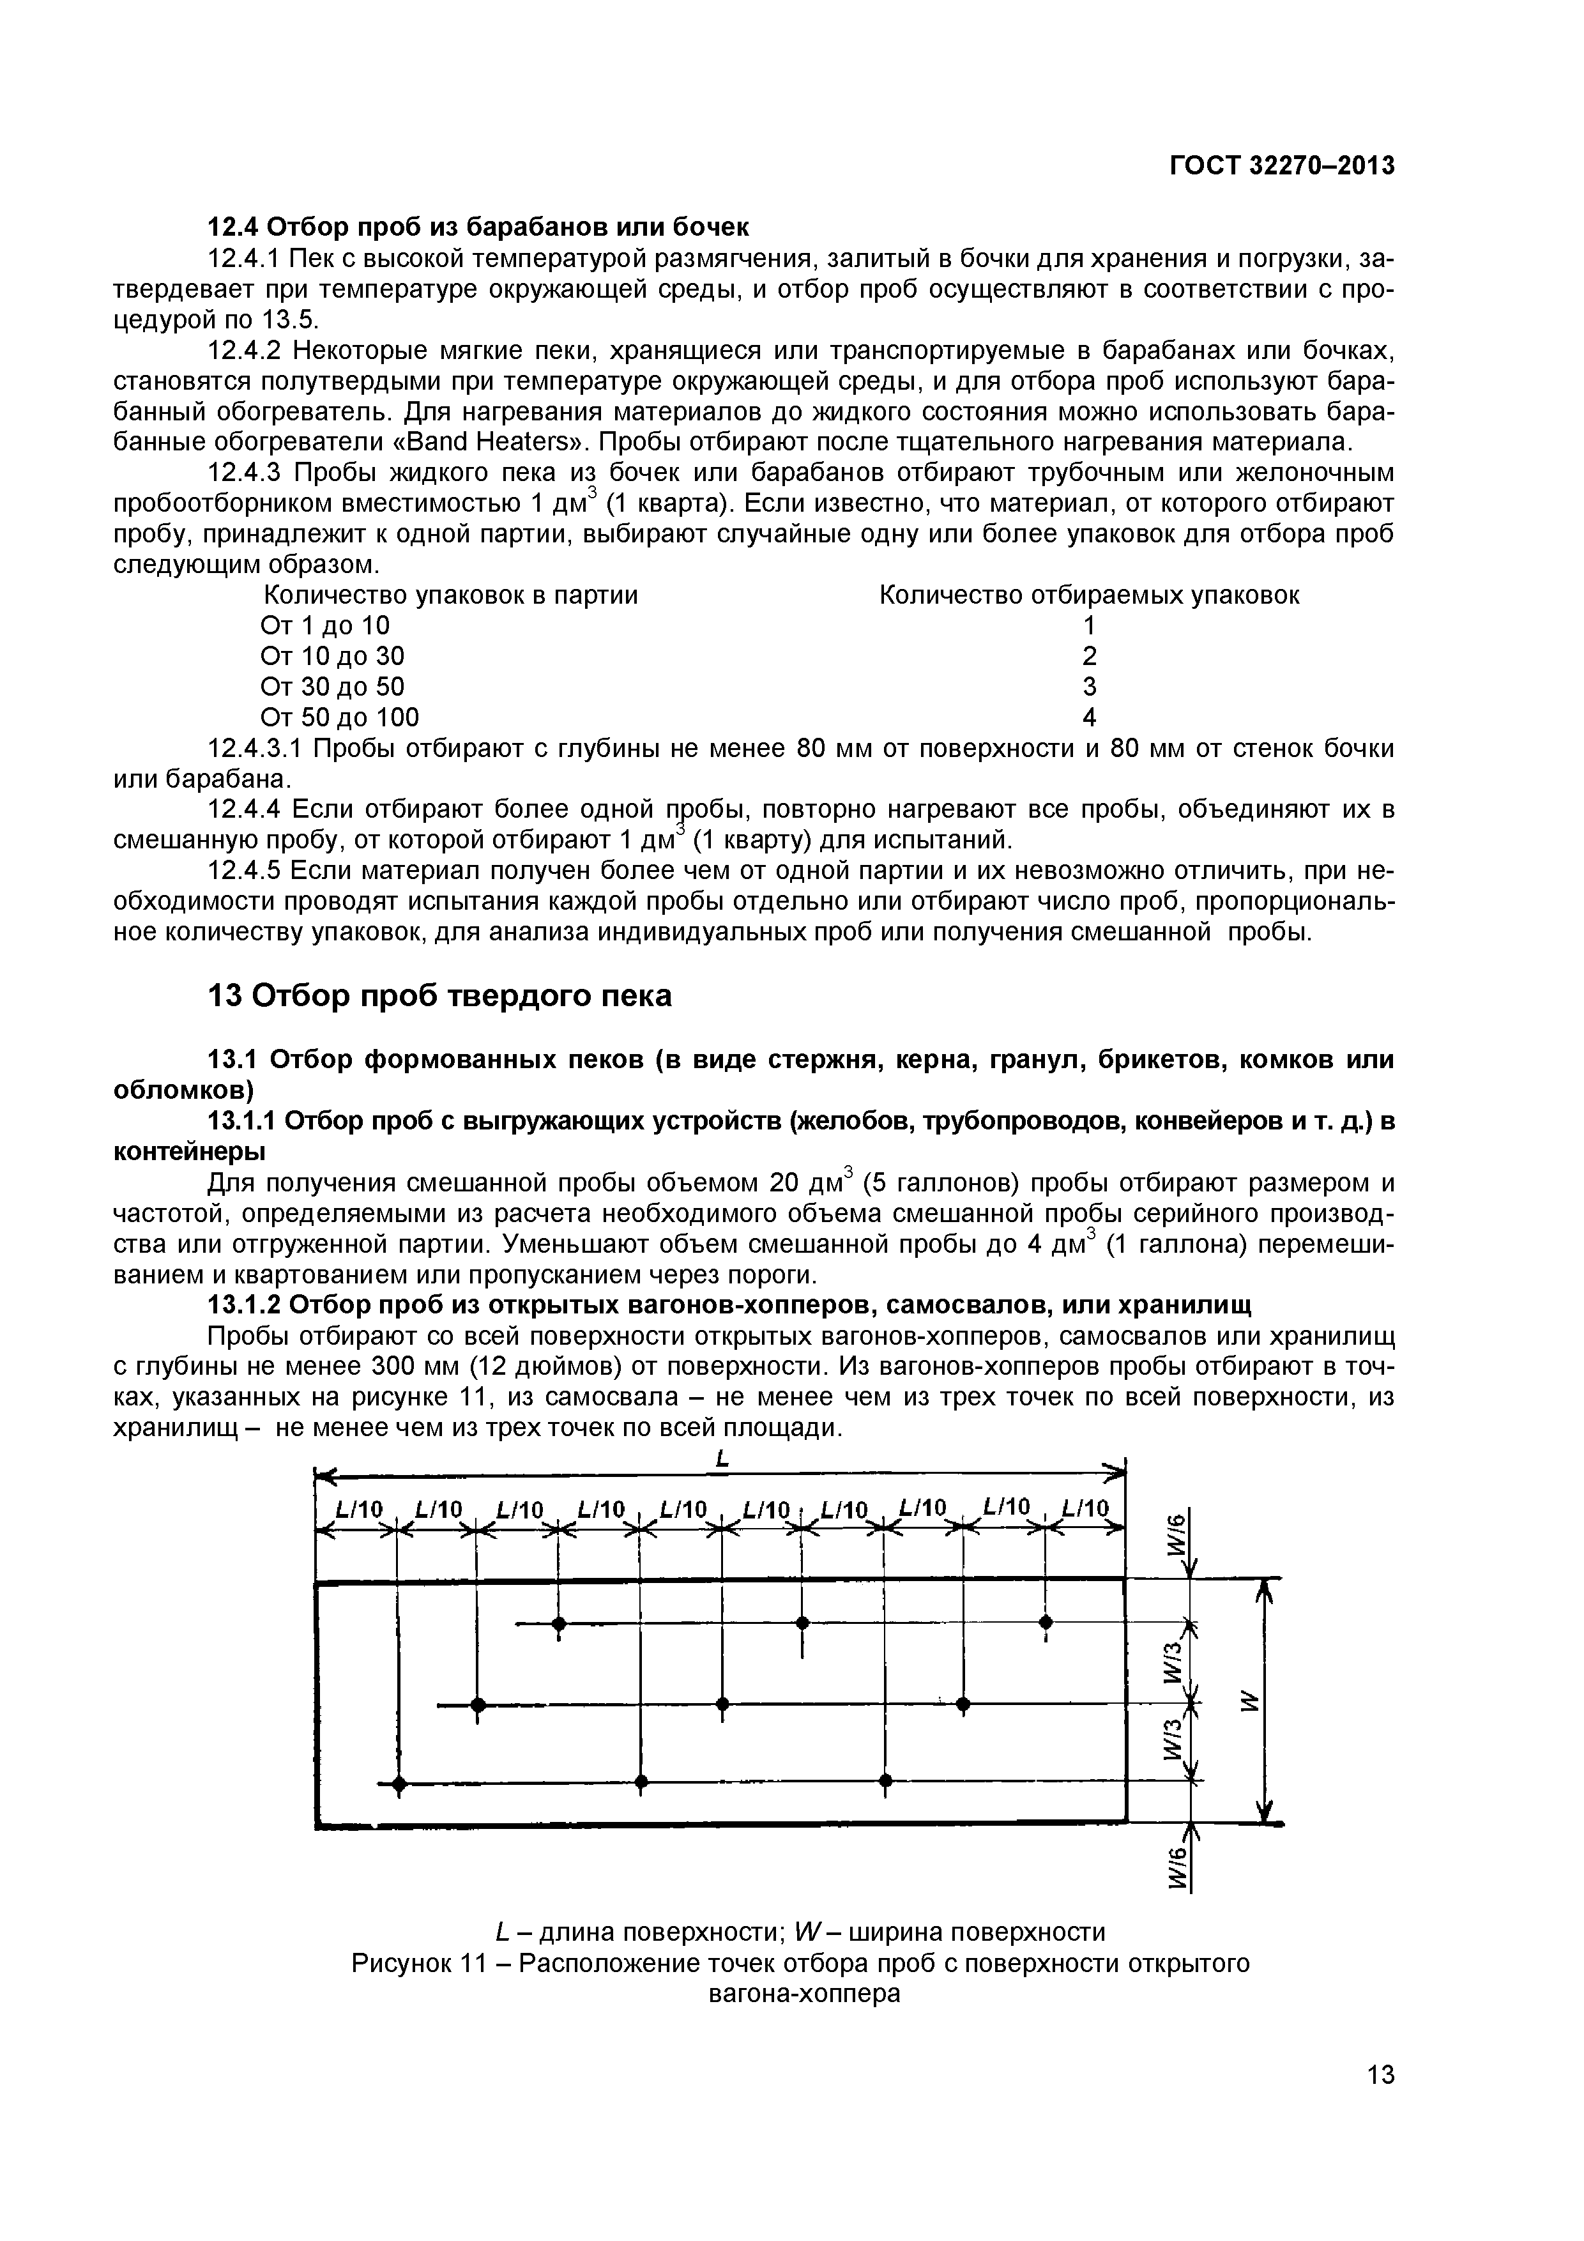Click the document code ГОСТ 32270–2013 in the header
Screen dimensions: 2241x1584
pos(1281,167)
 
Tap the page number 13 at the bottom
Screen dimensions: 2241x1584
pos(1380,2102)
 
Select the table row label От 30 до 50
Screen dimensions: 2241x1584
pos(332,686)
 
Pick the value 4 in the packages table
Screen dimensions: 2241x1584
pos(1089,717)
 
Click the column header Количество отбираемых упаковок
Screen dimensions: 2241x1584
pos(1089,595)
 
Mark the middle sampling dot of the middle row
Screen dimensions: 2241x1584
pos(722,1704)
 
